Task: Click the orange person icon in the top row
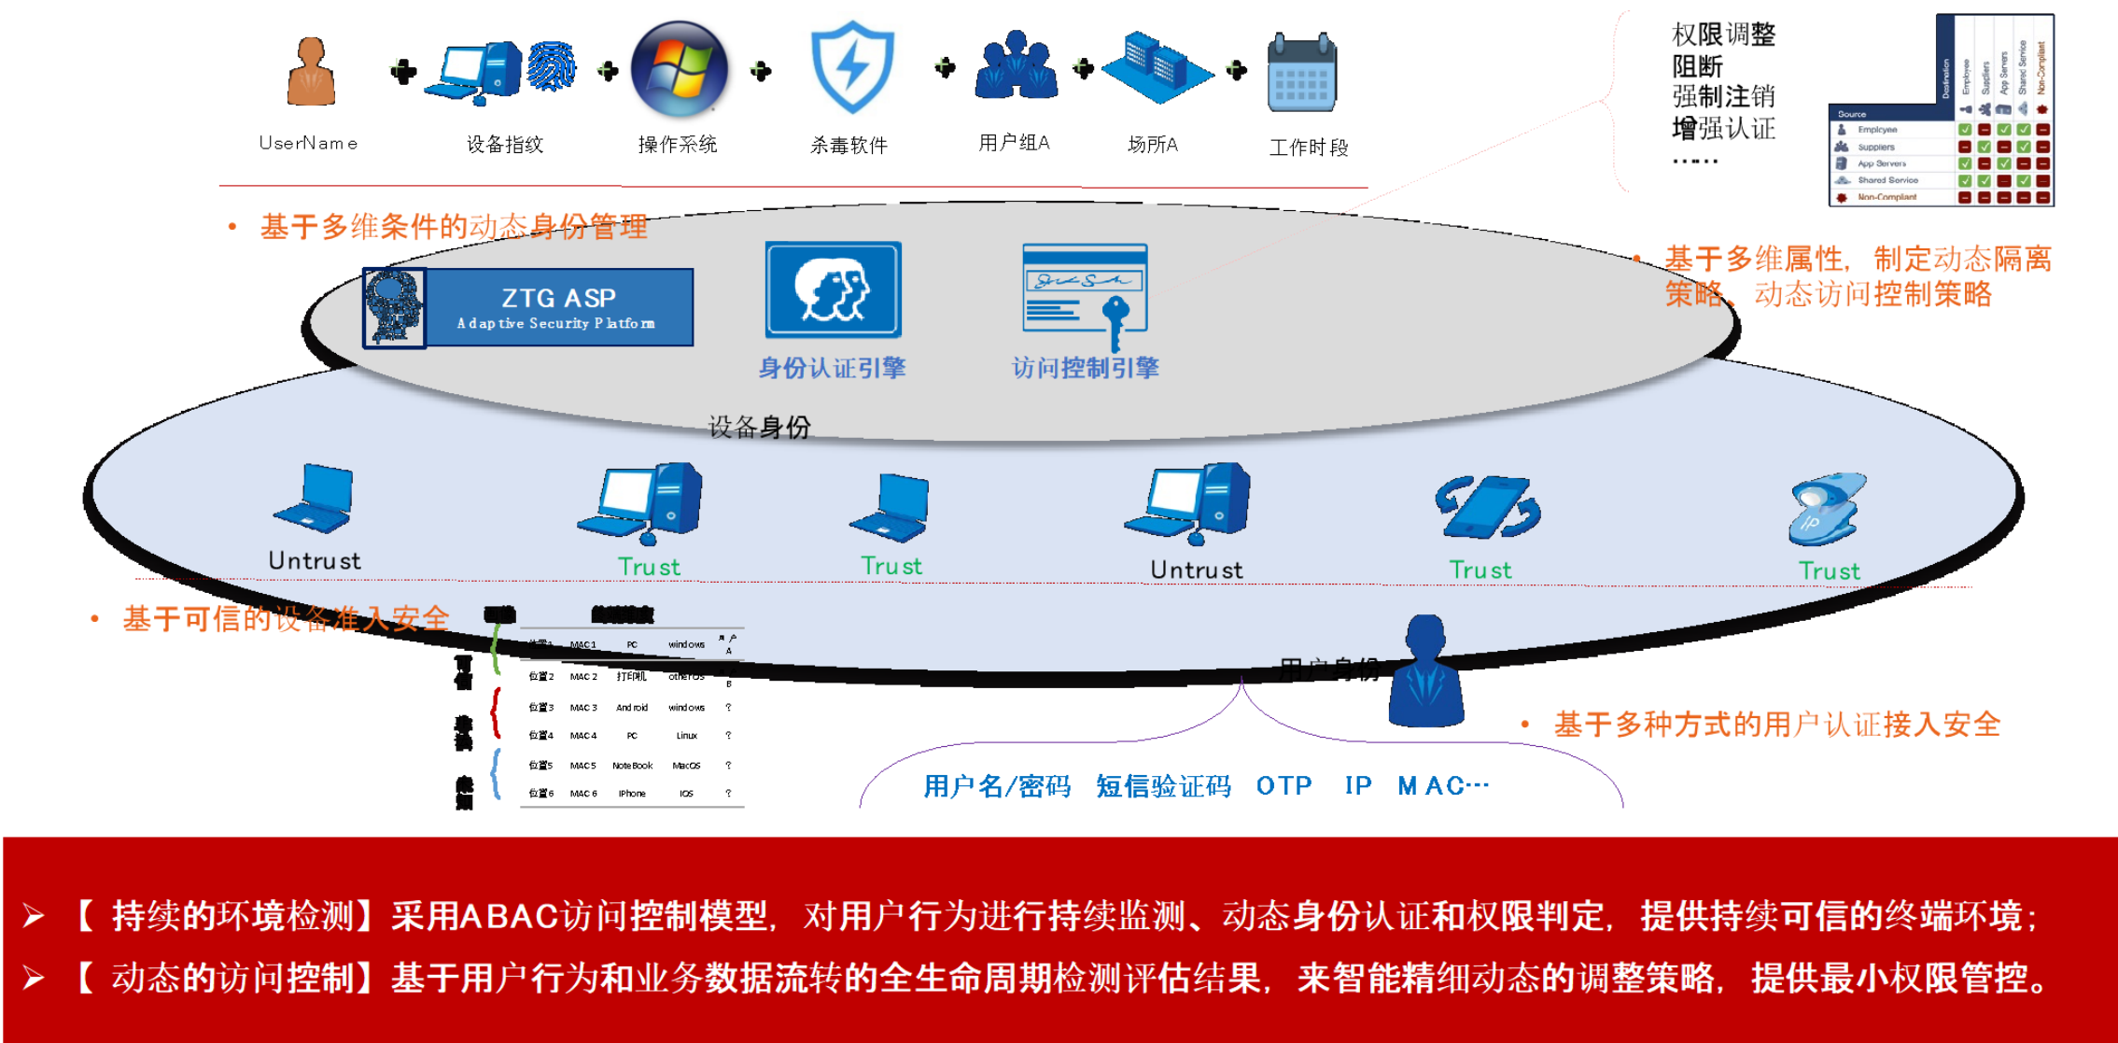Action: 311,71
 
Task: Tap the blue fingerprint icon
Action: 552,65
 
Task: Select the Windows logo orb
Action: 681,71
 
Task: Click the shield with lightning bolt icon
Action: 851,67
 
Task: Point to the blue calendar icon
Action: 1302,73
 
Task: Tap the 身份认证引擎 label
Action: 832,368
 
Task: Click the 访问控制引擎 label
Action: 1086,368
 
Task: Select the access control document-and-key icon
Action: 1086,292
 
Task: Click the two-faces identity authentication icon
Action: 833,289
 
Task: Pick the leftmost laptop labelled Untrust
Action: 314,500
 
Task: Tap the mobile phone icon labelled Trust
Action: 1487,507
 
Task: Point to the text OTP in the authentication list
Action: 1283,786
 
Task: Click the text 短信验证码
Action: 1163,786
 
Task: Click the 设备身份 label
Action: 759,428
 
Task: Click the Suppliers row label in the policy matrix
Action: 1875,148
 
